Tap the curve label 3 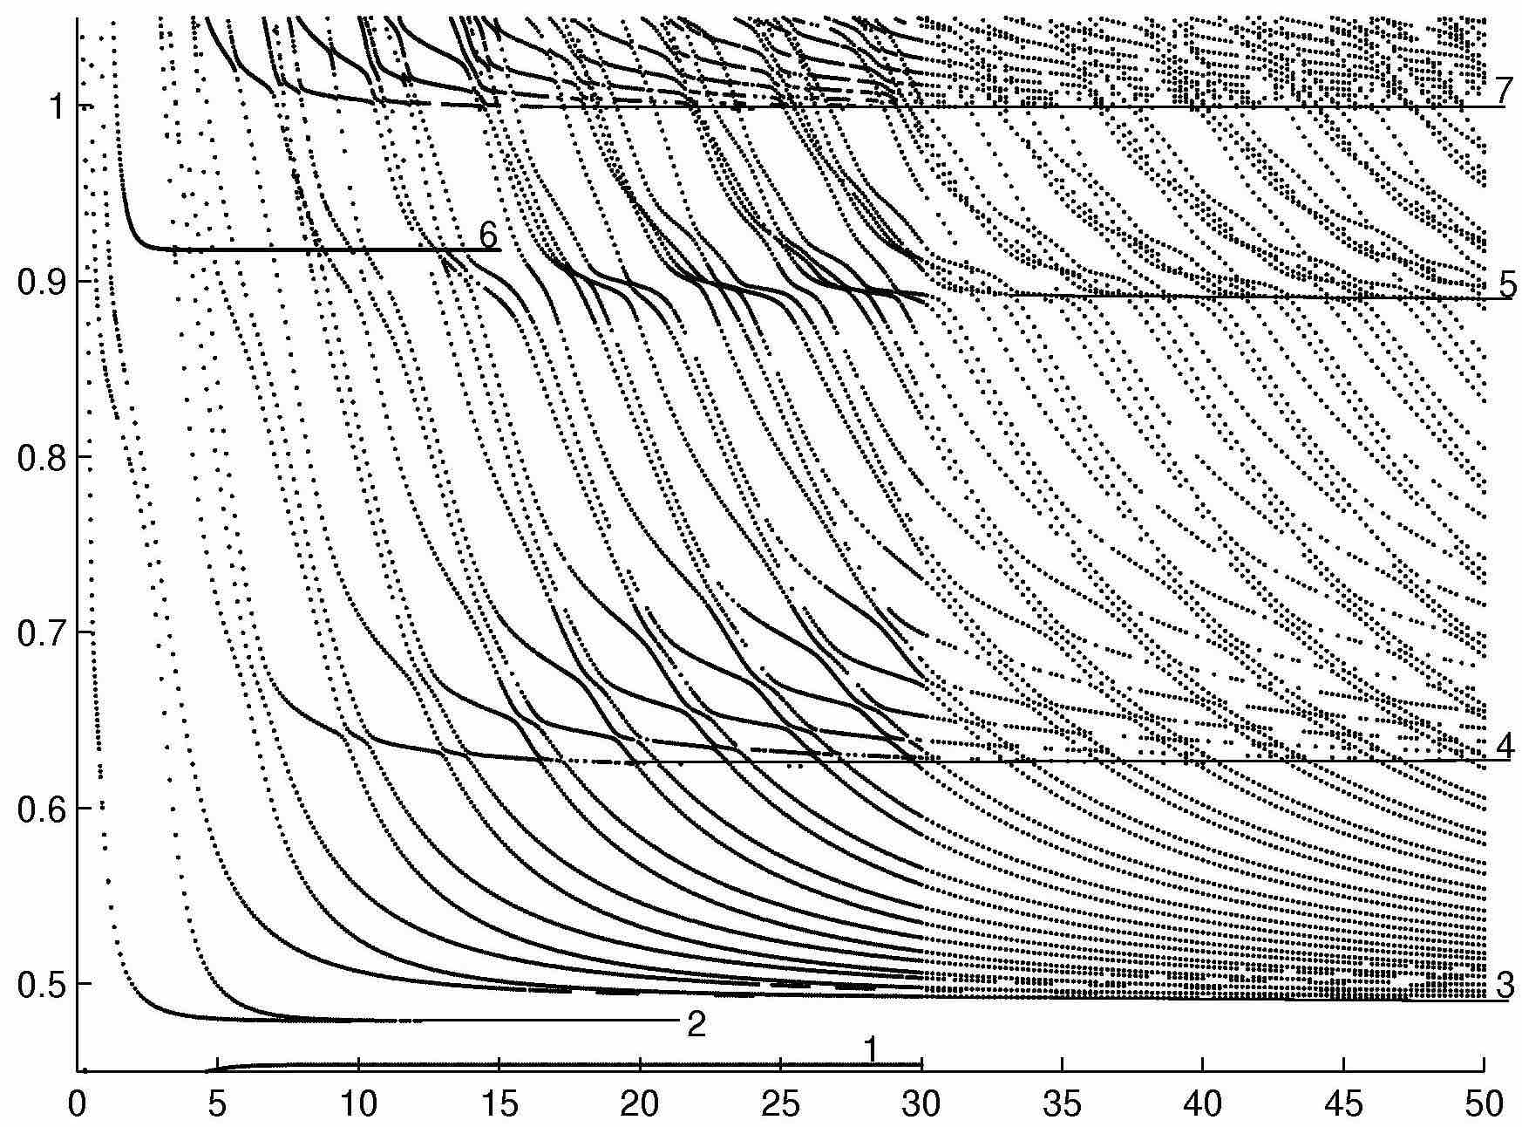click(x=1504, y=987)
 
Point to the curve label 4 click(x=1504, y=747)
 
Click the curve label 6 click(x=487, y=235)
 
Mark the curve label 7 click(x=1502, y=91)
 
